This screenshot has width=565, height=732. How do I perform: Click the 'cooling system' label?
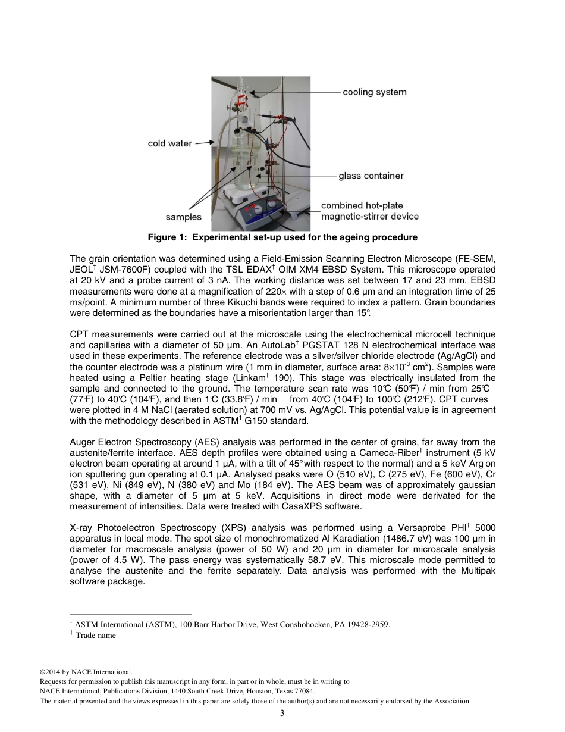tap(374, 92)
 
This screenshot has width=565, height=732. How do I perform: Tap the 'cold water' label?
tap(169, 143)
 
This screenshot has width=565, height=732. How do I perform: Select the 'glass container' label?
tap(371, 176)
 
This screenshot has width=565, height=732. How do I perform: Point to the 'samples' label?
tap(183, 217)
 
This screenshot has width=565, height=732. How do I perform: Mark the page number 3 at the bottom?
tap(282, 713)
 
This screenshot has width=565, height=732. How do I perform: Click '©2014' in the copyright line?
tap(51, 672)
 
